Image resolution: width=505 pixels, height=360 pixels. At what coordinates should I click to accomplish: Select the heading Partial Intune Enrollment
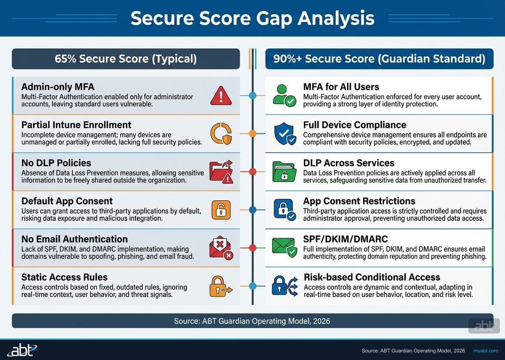click(76, 125)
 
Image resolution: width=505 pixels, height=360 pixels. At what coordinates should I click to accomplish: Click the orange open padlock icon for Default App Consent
click(221, 209)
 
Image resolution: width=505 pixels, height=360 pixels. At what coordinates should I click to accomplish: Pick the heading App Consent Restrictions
click(359, 201)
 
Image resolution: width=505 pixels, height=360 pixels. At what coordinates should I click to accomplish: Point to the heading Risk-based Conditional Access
click(372, 277)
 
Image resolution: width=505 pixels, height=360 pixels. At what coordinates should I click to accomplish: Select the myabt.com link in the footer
click(486, 351)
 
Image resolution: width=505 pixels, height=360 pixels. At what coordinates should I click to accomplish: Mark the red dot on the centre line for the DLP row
click(252, 172)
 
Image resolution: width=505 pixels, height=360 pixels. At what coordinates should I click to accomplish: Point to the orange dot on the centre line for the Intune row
click(252, 134)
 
